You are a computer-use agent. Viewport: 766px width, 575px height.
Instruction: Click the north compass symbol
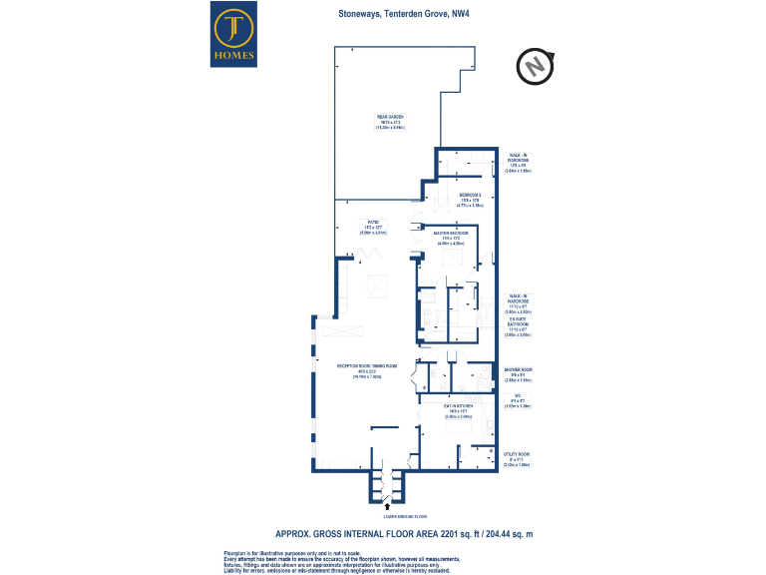(x=535, y=66)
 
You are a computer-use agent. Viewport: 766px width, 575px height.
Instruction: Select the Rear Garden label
(x=389, y=123)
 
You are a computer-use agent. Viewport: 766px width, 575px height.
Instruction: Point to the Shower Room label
(x=517, y=373)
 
